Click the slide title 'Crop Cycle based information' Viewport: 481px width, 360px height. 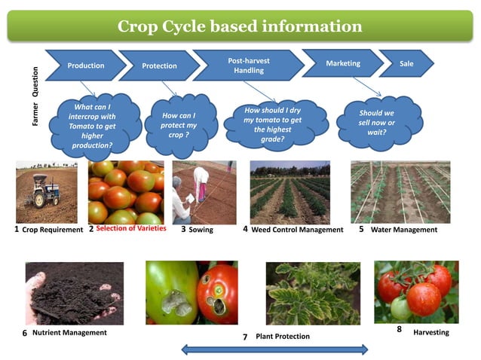pyautogui.click(x=240, y=27)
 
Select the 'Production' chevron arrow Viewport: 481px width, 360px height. pyautogui.click(x=85, y=66)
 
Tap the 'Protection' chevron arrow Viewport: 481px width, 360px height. pyautogui.click(x=159, y=66)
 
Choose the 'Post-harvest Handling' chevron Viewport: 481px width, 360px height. pyautogui.click(x=248, y=65)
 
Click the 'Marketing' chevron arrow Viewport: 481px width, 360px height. pyautogui.click(x=342, y=63)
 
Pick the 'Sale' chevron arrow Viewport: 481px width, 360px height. pyautogui.click(x=406, y=63)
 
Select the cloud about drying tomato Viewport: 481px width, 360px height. pyautogui.click(x=272, y=124)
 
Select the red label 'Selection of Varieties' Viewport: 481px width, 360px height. pyautogui.click(x=131, y=229)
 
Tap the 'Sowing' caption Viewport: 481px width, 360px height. pyautogui.click(x=201, y=230)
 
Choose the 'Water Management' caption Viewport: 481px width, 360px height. pyautogui.click(x=404, y=230)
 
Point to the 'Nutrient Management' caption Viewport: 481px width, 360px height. pyautogui.click(x=69, y=332)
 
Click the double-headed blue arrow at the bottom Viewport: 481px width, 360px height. pyautogui.click(x=274, y=349)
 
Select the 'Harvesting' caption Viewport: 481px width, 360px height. pyautogui.click(x=431, y=332)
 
